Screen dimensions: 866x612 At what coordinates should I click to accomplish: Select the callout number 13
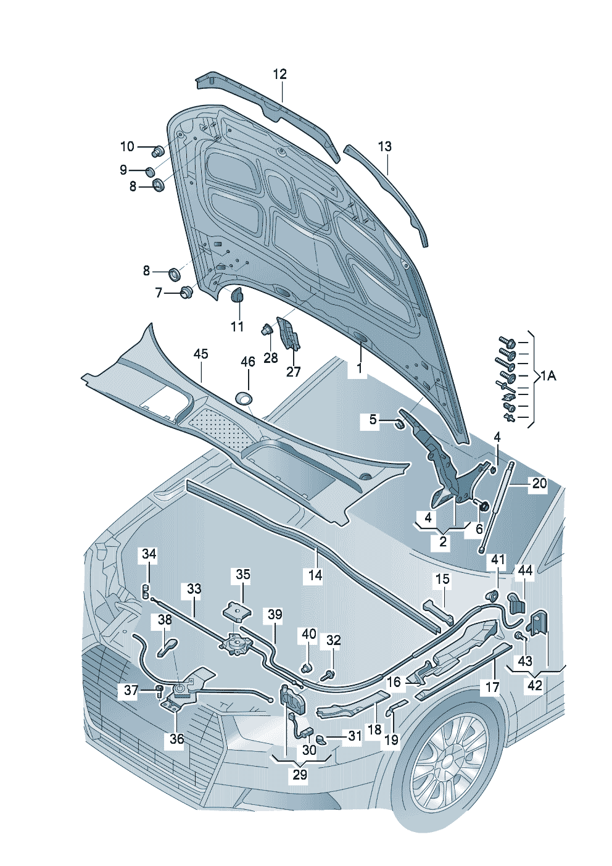tap(384, 146)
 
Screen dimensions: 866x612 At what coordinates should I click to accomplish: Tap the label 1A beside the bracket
tap(548, 375)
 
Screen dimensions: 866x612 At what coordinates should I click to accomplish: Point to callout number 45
tap(201, 354)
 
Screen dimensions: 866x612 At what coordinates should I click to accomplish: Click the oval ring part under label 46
tap(245, 398)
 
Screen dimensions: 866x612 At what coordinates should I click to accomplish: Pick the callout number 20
tap(539, 483)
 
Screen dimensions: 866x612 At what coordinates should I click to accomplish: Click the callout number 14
tap(315, 575)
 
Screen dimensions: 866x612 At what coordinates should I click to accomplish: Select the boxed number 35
tap(243, 575)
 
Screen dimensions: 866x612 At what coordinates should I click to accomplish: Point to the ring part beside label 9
tap(151, 170)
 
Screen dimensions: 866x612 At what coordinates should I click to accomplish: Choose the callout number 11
tap(238, 327)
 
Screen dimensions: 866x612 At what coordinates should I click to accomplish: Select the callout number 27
tap(293, 371)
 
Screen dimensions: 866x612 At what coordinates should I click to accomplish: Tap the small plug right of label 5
tap(399, 423)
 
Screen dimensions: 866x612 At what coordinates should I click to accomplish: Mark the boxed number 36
tap(176, 738)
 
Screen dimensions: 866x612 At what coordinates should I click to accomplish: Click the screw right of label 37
tap(159, 689)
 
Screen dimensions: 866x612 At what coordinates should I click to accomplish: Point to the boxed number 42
tap(534, 685)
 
